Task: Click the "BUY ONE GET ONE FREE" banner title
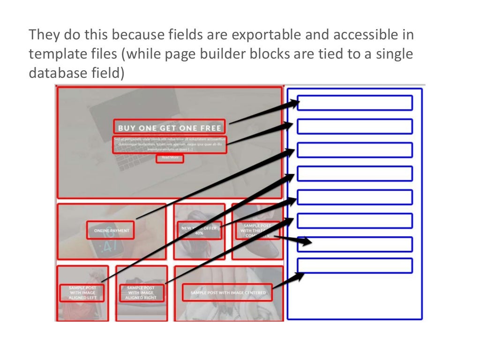pos(169,127)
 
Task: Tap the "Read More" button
pos(170,158)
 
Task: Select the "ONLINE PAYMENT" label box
pos(111,230)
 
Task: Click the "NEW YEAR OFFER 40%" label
pos(199,230)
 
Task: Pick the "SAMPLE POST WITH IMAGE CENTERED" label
pos(228,292)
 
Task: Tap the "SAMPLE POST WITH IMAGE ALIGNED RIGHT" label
pos(141,292)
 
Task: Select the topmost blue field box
pos(355,103)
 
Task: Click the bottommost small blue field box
pos(355,266)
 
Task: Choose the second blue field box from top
pos(355,127)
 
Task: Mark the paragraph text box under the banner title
pos(169,144)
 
